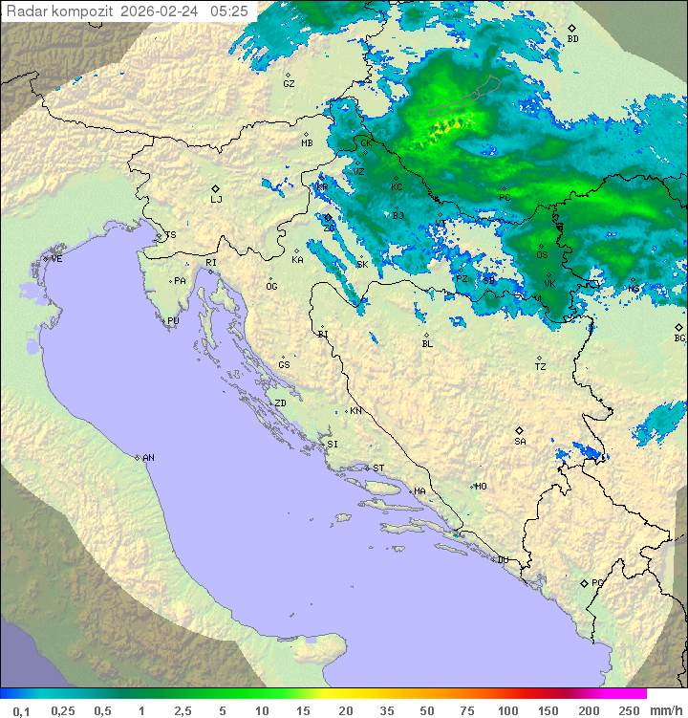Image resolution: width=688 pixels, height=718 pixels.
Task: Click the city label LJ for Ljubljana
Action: coord(216,200)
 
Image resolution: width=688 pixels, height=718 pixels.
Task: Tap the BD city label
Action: coord(572,39)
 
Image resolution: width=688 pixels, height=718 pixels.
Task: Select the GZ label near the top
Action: coord(289,84)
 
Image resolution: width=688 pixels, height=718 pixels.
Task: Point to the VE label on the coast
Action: coord(56,259)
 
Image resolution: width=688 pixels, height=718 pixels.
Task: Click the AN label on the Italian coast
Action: coord(148,458)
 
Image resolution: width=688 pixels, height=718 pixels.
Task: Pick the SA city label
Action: coord(520,442)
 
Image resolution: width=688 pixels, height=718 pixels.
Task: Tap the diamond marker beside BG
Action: coord(678,327)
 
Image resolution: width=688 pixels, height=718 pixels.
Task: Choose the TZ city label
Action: coord(541,367)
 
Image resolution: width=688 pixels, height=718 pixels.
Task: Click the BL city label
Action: coord(427,344)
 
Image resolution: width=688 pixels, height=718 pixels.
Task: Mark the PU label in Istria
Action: coord(173,321)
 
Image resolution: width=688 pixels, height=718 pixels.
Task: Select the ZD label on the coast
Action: coord(280,403)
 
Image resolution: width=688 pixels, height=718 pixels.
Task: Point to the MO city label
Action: coord(481,487)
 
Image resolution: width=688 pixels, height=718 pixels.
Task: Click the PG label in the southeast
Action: coord(597,583)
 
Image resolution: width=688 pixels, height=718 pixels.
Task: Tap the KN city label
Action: coord(355,411)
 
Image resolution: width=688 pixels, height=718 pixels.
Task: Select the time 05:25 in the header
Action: coord(229,11)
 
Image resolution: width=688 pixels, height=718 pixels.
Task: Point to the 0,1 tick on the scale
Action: coord(21,710)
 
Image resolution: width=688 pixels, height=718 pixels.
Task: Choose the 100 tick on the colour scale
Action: coord(507,710)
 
